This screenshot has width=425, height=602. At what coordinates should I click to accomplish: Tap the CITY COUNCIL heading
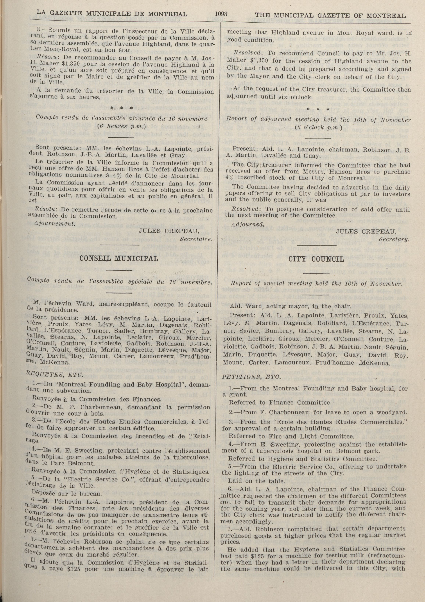click(x=316, y=259)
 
